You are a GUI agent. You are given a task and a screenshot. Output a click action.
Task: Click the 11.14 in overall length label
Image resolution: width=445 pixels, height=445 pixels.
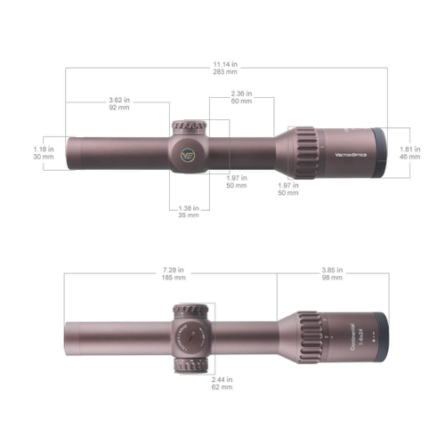[223, 64]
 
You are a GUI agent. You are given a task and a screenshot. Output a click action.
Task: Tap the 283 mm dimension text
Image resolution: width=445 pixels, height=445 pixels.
[223, 72]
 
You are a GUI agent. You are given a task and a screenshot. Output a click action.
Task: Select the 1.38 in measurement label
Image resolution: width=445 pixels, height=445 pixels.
[188, 206]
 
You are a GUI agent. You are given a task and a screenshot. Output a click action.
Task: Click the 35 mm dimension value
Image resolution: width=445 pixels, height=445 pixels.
[188, 214]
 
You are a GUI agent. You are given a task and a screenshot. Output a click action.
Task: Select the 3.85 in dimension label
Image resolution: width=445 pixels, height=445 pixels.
[331, 269]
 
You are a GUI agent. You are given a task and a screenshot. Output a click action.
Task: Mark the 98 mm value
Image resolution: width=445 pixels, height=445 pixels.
[331, 277]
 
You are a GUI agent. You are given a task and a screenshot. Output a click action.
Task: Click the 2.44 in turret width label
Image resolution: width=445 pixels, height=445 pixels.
[222, 380]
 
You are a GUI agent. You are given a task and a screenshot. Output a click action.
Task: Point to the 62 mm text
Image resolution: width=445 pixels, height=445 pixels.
[222, 388]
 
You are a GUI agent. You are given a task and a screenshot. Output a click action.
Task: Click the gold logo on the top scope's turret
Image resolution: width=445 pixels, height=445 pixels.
[189, 153]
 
